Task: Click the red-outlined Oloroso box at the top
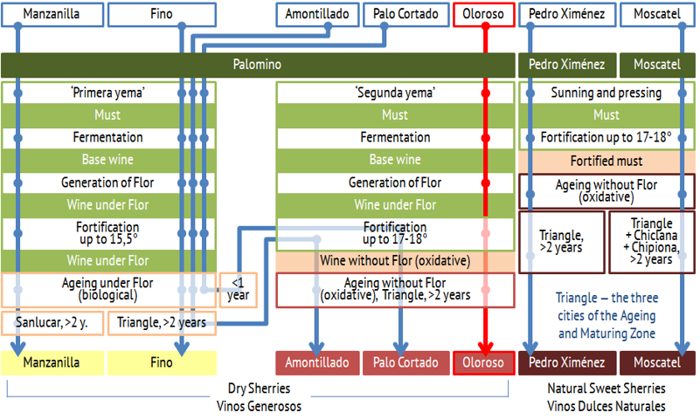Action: [484, 15]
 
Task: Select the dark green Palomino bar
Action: [258, 65]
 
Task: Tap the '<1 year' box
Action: [239, 290]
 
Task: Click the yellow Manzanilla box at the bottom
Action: [52, 362]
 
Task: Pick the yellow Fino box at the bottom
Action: [162, 362]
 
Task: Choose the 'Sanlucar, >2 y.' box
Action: [52, 323]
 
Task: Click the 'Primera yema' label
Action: [108, 93]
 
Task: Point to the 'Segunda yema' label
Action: [396, 93]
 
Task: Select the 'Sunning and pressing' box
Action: [606, 93]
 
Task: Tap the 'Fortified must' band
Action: [606, 161]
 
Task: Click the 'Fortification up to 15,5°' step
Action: [108, 233]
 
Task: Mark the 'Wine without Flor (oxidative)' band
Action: [395, 261]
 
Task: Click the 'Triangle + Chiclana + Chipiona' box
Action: [652, 241]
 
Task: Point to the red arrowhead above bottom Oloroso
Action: [485, 348]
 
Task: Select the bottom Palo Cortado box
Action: [405, 362]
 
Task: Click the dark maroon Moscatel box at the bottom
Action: [657, 362]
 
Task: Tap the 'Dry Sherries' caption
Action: [259, 389]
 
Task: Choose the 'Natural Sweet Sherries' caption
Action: [606, 389]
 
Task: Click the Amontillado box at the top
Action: [317, 15]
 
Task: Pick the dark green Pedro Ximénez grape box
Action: [567, 65]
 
